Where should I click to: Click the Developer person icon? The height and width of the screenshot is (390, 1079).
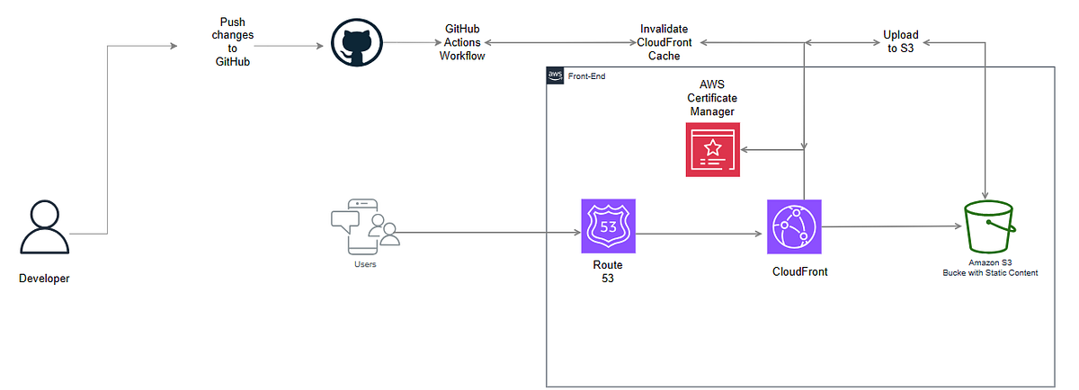(44, 228)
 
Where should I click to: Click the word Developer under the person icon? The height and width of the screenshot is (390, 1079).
(44, 279)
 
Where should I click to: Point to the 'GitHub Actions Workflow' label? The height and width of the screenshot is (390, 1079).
(462, 42)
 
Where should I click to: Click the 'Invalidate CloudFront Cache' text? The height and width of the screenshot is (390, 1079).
(664, 42)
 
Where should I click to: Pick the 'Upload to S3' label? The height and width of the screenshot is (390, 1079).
(900, 42)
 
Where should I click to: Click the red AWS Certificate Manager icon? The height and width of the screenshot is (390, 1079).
(712, 150)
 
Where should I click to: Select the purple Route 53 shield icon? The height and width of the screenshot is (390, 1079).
(608, 226)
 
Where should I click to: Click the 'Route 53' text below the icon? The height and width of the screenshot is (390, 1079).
(608, 272)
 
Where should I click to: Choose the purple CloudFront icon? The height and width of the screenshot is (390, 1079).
(795, 227)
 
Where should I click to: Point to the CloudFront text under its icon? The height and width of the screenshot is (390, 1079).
(799, 271)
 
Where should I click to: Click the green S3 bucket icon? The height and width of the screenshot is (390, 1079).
(989, 228)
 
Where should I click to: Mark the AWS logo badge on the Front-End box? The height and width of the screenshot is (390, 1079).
(555, 76)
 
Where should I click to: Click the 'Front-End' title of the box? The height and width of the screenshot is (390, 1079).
(586, 76)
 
